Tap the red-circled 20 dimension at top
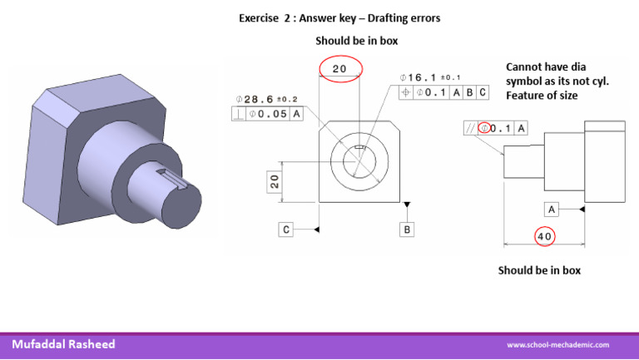pos(339,70)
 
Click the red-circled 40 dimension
pos(546,236)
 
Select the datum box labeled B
pos(406,229)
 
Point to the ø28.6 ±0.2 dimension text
pos(267,99)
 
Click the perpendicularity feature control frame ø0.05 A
pos(267,114)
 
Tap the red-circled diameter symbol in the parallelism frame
pos(484,128)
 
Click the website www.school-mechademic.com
pos(558,345)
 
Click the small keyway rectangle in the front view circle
pos(358,149)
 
